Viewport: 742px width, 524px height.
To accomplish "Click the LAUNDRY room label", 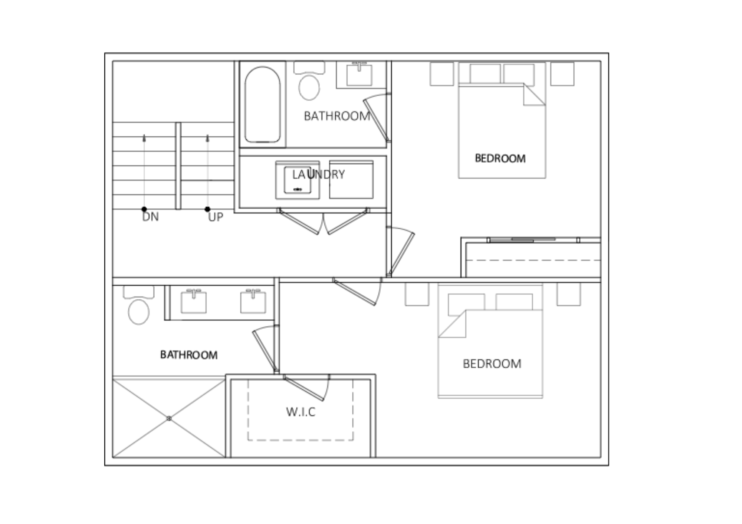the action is [319, 174].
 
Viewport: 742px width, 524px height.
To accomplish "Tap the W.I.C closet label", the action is [301, 412].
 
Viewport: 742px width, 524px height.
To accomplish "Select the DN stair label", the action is [151, 217].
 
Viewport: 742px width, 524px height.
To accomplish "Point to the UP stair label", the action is [216, 217].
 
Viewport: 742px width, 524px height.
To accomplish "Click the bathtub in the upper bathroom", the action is [263, 105].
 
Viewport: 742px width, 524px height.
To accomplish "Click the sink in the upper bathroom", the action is [359, 74].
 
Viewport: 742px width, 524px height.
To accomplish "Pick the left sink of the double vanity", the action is [194, 301].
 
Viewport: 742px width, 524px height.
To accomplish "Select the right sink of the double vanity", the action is [253, 301].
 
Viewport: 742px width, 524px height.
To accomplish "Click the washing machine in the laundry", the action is [298, 180].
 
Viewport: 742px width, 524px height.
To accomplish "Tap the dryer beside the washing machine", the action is [351, 180].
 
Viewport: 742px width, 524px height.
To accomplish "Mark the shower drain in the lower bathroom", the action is [169, 418].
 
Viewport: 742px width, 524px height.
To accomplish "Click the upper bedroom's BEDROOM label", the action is [500, 159].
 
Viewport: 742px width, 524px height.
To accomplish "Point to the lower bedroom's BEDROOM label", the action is [492, 364].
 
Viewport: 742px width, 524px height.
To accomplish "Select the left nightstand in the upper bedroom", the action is [442, 74].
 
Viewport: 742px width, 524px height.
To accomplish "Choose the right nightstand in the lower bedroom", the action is [569, 295].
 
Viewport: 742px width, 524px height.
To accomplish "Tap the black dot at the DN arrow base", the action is [144, 209].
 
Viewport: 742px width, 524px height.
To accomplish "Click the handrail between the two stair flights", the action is [178, 166].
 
